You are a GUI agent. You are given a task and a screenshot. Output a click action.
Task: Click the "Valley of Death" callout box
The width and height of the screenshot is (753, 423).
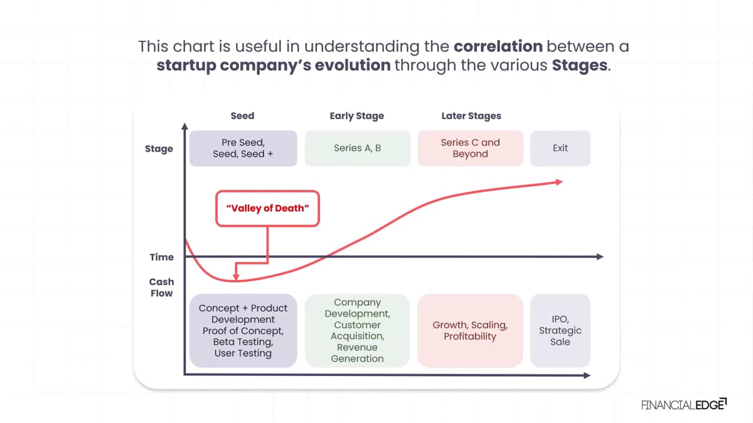267,209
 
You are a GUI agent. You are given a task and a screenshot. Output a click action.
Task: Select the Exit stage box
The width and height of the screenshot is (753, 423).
560,148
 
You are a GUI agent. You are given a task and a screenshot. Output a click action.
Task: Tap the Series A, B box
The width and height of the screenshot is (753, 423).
357,148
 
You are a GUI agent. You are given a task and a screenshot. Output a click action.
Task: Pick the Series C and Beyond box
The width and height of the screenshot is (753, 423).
470,148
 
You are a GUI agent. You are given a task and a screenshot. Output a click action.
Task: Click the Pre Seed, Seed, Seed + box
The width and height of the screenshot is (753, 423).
243,148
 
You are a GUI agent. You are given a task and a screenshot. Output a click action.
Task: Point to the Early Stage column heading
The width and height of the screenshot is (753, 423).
356,116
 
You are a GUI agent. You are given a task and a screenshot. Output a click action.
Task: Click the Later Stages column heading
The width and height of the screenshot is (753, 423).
471,116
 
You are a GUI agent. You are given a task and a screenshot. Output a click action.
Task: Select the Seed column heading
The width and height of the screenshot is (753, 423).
242,116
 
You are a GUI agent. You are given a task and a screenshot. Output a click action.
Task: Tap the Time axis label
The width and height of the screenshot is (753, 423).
162,257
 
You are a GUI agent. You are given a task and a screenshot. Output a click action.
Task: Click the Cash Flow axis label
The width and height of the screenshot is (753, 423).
161,288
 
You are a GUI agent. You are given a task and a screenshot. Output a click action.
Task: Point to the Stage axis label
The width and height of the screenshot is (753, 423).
159,149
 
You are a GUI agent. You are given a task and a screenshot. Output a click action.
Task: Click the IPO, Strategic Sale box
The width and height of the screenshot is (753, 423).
560,330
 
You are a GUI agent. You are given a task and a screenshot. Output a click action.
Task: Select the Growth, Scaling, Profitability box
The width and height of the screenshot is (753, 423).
470,330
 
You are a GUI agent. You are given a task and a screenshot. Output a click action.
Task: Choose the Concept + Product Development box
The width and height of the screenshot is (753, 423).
243,330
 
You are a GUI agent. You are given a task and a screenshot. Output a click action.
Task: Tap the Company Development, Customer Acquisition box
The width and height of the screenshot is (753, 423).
357,330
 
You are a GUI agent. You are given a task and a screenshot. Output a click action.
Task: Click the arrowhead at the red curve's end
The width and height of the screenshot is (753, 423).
559,182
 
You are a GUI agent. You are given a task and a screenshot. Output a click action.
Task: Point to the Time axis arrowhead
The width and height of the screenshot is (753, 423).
600,257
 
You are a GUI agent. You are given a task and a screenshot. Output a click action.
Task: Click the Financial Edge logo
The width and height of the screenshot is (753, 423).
684,405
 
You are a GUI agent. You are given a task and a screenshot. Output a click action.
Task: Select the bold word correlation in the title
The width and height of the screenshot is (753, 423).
498,46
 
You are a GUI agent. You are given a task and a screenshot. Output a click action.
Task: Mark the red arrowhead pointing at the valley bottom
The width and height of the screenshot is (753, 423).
236,277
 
